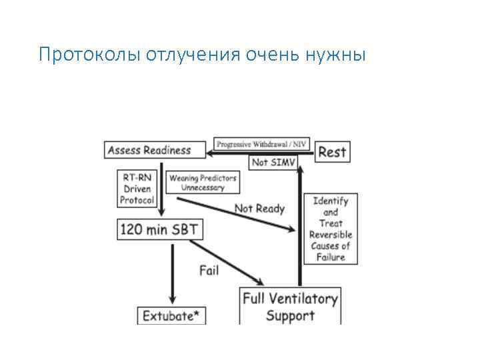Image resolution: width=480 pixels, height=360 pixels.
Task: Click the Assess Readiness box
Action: pos(149,150)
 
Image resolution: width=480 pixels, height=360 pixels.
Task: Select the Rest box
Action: pos(331,151)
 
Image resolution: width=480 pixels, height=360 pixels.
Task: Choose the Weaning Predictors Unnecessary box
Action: pos(202,182)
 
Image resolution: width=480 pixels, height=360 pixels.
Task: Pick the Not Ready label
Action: pos(259,209)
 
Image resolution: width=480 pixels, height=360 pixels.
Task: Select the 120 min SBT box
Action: pos(159,230)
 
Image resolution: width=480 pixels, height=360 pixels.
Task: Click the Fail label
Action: pos(209,270)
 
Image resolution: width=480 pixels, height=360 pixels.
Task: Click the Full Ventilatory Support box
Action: pos(291,306)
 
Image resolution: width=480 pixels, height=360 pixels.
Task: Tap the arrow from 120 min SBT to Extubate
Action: pos(173,273)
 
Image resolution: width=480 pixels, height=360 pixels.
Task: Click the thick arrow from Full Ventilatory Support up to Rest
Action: pos(300,227)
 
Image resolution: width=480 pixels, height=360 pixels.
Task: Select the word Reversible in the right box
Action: pos(330,235)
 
